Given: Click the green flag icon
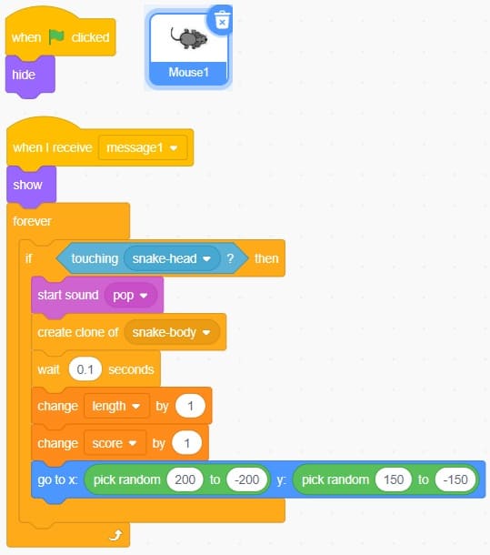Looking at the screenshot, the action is [56, 36].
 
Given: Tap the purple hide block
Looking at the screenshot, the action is [30, 75].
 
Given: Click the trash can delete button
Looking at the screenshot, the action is [222, 20].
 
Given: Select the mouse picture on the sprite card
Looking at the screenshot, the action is [189, 38].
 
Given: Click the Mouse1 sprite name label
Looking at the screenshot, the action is [188, 73].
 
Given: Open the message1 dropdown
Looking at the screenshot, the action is [143, 147].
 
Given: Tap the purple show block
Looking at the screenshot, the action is [31, 185].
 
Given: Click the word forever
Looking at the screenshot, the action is [32, 221].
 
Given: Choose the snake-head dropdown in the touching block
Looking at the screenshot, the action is [172, 258].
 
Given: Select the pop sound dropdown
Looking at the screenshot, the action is [131, 295].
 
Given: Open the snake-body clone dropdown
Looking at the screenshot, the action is [172, 332].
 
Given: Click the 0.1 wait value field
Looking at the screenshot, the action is [85, 369].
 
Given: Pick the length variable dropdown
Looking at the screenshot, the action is [116, 406].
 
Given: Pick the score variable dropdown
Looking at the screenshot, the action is [115, 443].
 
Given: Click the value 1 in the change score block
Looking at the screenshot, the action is [186, 443].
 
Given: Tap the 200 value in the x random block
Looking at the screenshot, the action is [185, 479].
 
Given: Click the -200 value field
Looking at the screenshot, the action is [247, 479].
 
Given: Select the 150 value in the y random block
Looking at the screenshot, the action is [394, 479].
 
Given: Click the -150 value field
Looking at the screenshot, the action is [455, 479].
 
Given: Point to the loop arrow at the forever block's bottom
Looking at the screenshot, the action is [115, 535].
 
